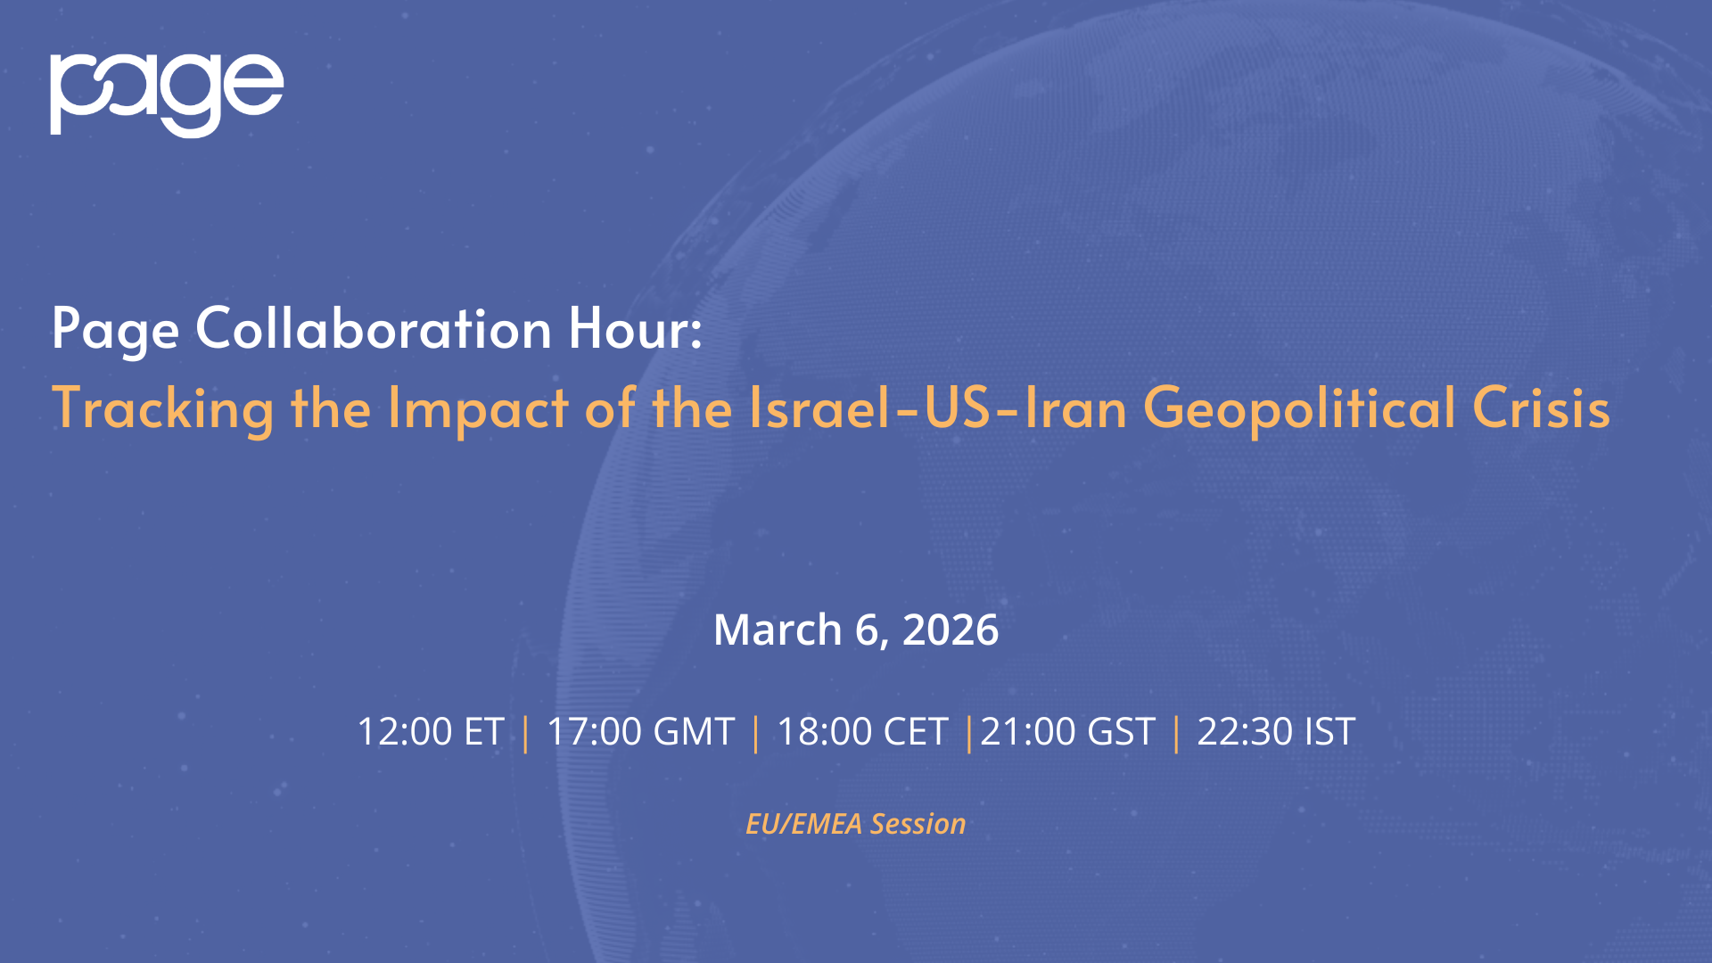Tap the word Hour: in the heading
point(636,328)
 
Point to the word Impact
point(478,408)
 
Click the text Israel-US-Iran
point(938,407)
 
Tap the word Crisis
point(1541,407)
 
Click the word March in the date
point(778,630)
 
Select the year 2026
point(951,630)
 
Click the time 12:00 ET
point(431,732)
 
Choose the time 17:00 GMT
point(640,732)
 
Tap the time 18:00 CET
point(862,732)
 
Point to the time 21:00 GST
point(1068,732)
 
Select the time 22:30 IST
point(1276,732)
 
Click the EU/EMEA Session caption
point(856,824)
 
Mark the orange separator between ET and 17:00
point(525,734)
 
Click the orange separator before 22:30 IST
point(1176,734)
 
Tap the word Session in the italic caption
point(918,824)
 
